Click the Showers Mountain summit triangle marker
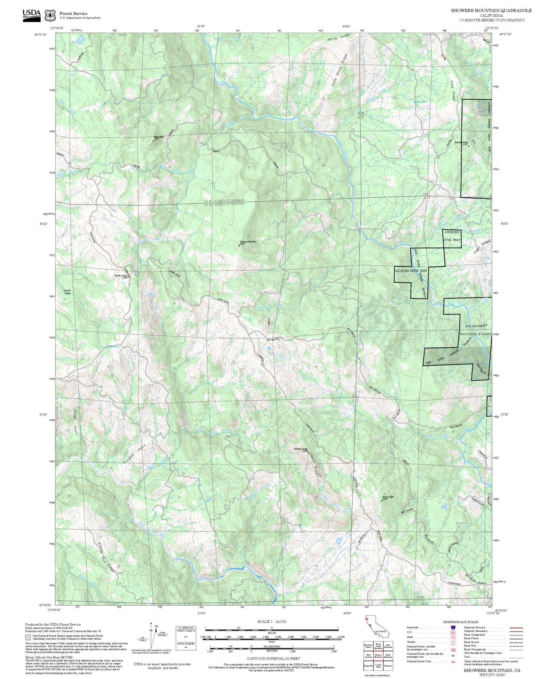239,245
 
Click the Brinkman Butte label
301,450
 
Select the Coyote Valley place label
67,292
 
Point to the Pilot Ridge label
453,90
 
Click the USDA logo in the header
31,15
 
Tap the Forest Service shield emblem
50,16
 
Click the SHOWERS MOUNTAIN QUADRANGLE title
491,11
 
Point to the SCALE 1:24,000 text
272,621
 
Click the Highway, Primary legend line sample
516,628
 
